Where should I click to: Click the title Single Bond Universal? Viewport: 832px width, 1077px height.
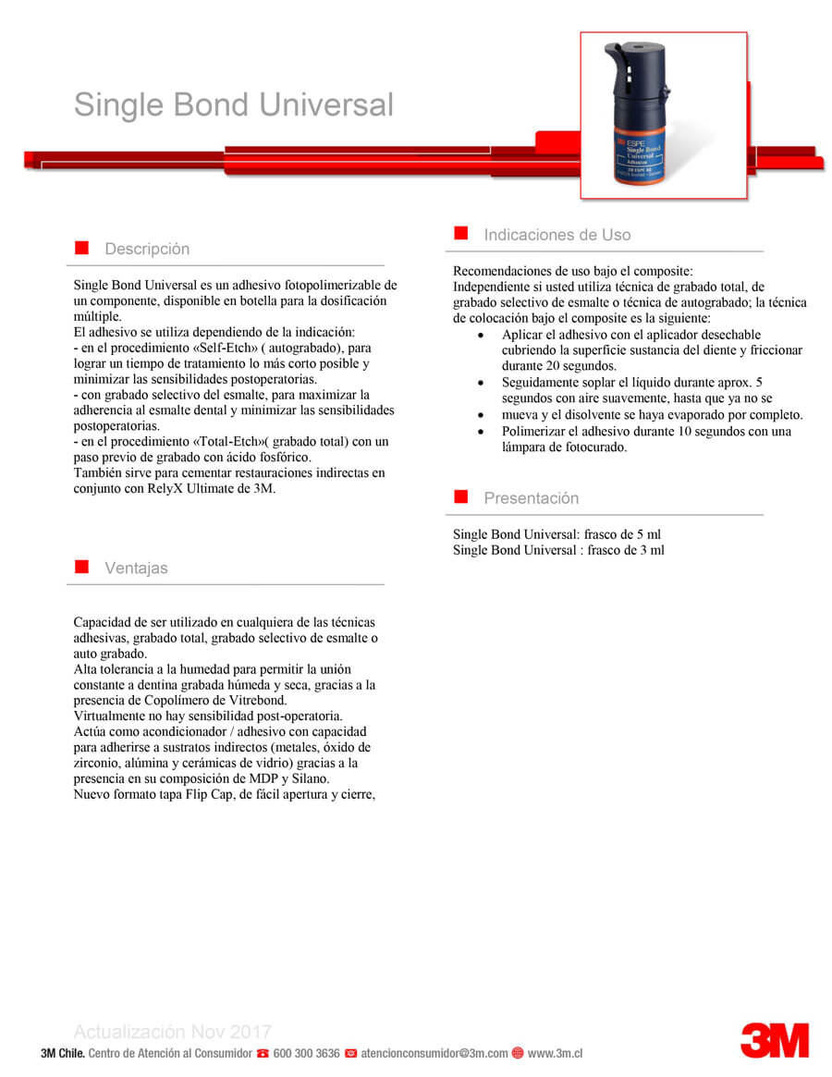pyautogui.click(x=233, y=104)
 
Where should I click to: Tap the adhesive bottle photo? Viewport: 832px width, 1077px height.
pyautogui.click(x=663, y=116)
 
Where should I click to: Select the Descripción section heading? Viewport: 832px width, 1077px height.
pyautogui.click(x=147, y=249)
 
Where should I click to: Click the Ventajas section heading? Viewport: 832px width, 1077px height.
pyautogui.click(x=136, y=568)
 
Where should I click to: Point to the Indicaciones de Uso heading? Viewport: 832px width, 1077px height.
pyautogui.click(x=557, y=235)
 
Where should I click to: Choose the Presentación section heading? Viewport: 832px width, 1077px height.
pyautogui.click(x=531, y=498)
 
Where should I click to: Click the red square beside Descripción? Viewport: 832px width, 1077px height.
pyautogui.click(x=81, y=248)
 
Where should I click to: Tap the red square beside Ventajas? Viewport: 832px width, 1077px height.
pyautogui.click(x=81, y=567)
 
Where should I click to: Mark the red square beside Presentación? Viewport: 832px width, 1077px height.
pyautogui.click(x=460, y=497)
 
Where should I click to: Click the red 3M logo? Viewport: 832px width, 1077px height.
pyautogui.click(x=774, y=1040)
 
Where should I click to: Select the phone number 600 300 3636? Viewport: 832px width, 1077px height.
pyautogui.click(x=307, y=1053)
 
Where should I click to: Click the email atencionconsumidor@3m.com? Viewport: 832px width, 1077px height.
pyautogui.click(x=434, y=1053)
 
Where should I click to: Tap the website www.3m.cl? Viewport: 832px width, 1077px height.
pyautogui.click(x=555, y=1053)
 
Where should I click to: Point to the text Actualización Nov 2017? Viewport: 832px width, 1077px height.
pyautogui.click(x=172, y=1032)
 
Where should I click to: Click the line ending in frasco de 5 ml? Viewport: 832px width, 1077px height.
pyautogui.click(x=557, y=534)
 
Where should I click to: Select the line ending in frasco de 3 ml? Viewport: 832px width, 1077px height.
pyautogui.click(x=558, y=550)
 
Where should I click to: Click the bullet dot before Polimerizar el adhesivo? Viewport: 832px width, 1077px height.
pyautogui.click(x=478, y=432)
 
